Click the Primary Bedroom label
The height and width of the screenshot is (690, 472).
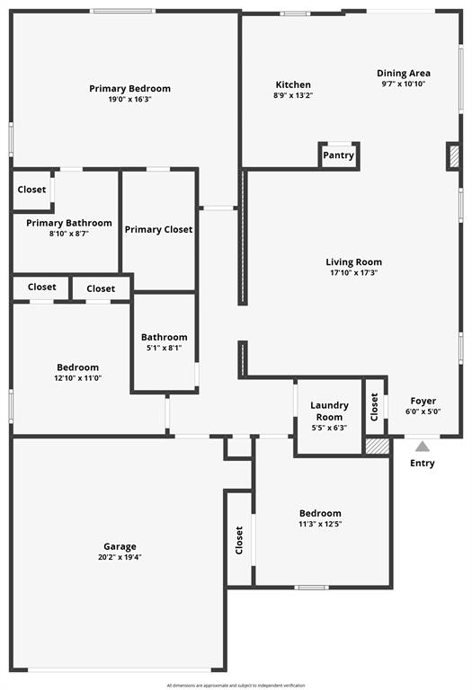pyautogui.click(x=129, y=89)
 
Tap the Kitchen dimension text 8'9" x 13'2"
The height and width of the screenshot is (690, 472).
pyautogui.click(x=293, y=95)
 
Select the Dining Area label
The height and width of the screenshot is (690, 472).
pyautogui.click(x=403, y=74)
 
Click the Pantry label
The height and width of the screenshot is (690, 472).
pyautogui.click(x=338, y=155)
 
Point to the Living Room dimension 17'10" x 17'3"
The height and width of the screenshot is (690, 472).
pyautogui.click(x=352, y=273)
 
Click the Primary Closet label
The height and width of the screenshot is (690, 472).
pyautogui.click(x=158, y=230)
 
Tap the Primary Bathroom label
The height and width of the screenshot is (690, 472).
pyautogui.click(x=69, y=223)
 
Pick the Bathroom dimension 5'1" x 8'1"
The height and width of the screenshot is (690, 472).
pyautogui.click(x=164, y=348)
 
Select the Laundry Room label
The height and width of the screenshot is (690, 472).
pyautogui.click(x=329, y=411)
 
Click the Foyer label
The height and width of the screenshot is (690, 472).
pyautogui.click(x=423, y=402)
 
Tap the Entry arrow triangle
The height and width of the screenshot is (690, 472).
pyautogui.click(x=422, y=445)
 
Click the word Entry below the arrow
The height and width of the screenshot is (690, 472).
pyautogui.click(x=422, y=464)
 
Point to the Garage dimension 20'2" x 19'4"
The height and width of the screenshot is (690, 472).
pyautogui.click(x=120, y=557)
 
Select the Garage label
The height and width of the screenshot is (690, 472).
pyautogui.click(x=120, y=546)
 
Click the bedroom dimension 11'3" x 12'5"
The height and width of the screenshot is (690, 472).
pyautogui.click(x=321, y=524)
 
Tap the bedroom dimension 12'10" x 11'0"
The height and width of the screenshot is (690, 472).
pyautogui.click(x=78, y=378)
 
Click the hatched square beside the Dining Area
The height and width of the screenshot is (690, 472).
pyautogui.click(x=454, y=156)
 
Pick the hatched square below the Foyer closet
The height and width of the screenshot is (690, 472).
pyautogui.click(x=377, y=445)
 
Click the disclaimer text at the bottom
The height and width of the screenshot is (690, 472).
pyautogui.click(x=236, y=685)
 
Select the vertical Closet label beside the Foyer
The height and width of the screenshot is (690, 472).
pyautogui.click(x=374, y=407)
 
